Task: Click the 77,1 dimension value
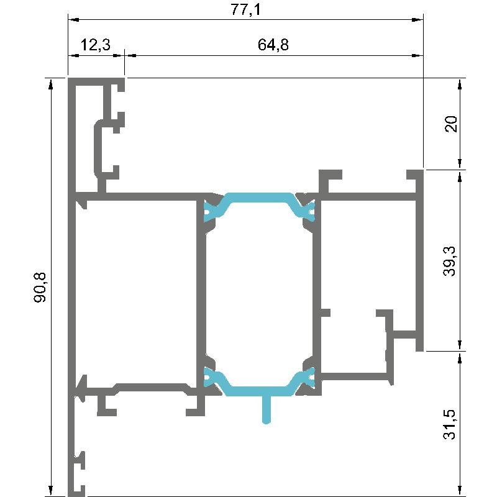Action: point(245,9)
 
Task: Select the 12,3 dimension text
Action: point(95,44)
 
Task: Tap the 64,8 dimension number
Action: point(273,44)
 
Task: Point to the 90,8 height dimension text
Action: point(40,287)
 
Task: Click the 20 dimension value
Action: point(451,124)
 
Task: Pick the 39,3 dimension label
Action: point(449,261)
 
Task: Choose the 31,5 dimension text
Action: point(449,424)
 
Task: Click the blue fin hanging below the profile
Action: point(267,409)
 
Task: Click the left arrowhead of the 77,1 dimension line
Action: point(73,20)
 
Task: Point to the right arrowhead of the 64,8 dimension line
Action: point(417,55)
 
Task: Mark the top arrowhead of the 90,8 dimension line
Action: point(50,83)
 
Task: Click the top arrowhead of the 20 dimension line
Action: point(460,83)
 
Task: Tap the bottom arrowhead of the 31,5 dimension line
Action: point(460,491)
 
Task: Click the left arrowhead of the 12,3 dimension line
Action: point(73,55)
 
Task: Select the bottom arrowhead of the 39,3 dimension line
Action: point(460,345)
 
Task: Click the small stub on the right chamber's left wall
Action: point(326,313)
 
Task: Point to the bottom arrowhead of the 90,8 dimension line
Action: point(50,491)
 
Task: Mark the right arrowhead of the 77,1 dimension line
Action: point(417,20)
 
